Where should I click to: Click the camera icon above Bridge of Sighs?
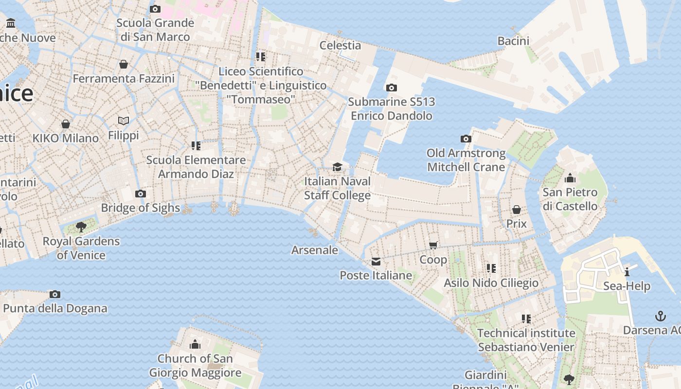point(141,194)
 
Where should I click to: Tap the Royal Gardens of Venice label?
point(81,248)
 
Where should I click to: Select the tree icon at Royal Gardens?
point(81,227)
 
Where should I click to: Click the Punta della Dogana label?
point(55,308)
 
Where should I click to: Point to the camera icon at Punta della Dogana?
point(55,294)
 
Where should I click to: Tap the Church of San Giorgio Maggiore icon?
point(195,345)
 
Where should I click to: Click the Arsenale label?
point(315,250)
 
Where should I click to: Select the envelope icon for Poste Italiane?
point(376,262)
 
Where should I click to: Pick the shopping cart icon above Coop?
point(433,245)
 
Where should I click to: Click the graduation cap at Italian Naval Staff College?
point(337,167)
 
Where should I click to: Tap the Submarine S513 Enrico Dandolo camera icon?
point(392,88)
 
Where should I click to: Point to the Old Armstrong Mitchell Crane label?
point(466,160)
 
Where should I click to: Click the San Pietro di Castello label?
point(570,199)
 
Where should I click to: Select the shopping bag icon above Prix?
point(517,210)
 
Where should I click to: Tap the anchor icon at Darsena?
point(660,316)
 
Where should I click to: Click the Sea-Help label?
point(627,286)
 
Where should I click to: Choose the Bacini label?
point(513,41)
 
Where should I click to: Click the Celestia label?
point(340,45)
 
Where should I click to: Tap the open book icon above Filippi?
point(124,121)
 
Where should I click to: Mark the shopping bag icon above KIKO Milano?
point(66,124)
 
